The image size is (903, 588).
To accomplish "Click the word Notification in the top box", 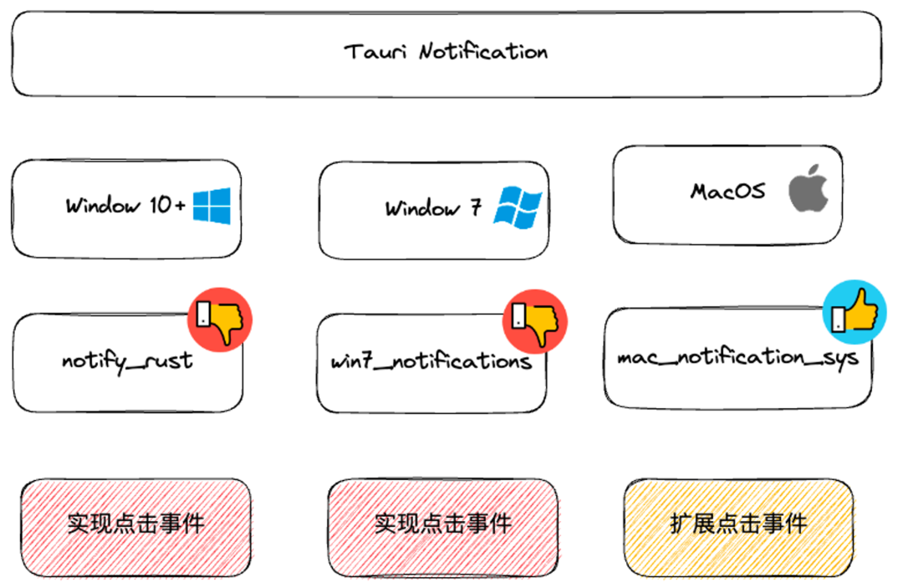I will tap(483, 52).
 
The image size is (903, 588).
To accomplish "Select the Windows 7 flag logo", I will tap(517, 207).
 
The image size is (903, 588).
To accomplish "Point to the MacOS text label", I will tap(727, 192).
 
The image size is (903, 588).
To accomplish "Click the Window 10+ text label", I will tap(125, 206).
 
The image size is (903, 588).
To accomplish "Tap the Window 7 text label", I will tap(433, 208).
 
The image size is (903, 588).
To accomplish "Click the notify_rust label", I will tap(127, 361).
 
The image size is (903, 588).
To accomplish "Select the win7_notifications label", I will tap(431, 362).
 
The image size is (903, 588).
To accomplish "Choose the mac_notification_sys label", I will tap(737, 358).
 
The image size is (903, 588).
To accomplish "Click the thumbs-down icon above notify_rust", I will tap(219, 318).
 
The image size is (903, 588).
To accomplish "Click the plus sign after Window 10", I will tap(180, 206).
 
